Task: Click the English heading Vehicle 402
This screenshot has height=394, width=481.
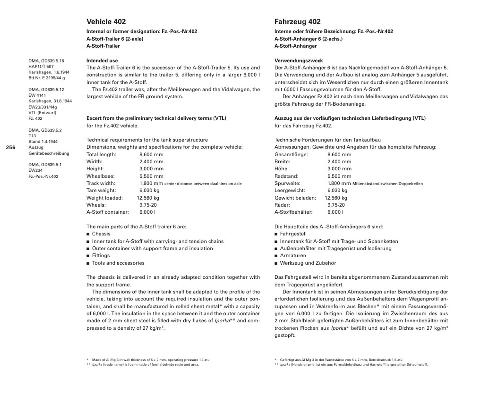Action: click(x=106, y=22)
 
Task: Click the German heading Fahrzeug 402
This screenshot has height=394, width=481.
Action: click(x=297, y=22)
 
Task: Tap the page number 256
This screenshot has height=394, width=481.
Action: click(x=11, y=147)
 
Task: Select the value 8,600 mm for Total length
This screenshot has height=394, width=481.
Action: click(x=151, y=154)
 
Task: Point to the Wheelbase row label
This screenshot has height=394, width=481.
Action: click(x=100, y=176)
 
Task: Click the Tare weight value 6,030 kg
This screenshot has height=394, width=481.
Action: click(x=149, y=191)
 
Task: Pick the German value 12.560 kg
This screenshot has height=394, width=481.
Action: click(x=336, y=198)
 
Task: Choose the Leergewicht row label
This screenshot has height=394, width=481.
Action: click(x=290, y=191)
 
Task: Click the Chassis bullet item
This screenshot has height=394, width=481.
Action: click(x=101, y=234)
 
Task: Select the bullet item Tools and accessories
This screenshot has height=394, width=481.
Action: click(x=118, y=263)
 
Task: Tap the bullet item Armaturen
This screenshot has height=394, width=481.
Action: click(x=293, y=256)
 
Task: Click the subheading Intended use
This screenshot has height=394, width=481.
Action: click(x=102, y=61)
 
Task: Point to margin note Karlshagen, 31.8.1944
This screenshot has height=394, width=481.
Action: click(x=50, y=101)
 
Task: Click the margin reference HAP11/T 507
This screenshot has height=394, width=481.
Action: click(x=41, y=67)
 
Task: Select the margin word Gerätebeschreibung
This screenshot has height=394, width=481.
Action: click(x=49, y=153)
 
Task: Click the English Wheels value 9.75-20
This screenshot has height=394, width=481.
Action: click(x=148, y=205)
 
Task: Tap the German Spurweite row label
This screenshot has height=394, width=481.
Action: click(x=287, y=184)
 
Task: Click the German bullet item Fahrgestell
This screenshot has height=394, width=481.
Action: click(x=293, y=234)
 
